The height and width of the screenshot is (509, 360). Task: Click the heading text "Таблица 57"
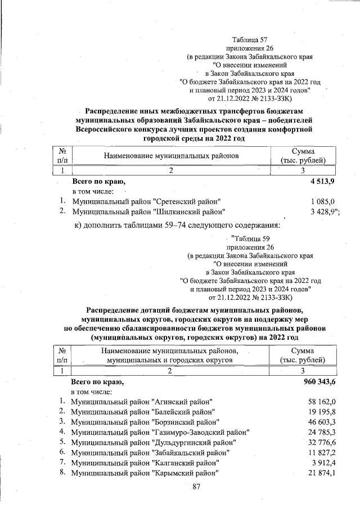(250, 40)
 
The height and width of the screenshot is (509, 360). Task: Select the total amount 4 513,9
(322, 182)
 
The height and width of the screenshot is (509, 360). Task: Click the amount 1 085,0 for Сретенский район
(322, 201)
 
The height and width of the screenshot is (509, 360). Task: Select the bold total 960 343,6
(318, 382)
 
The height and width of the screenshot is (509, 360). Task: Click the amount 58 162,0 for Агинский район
(322, 402)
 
